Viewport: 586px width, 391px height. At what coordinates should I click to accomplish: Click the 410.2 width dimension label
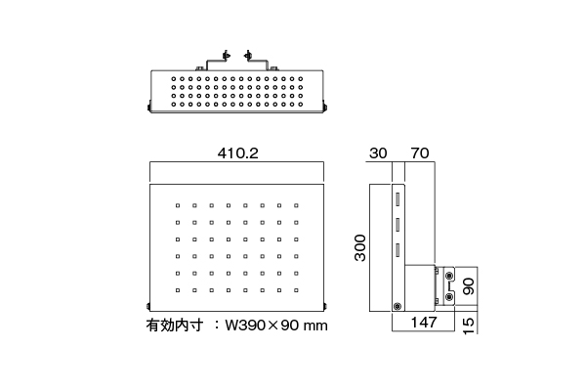click(x=237, y=153)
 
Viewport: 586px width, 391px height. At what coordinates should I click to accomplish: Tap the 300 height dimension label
click(x=360, y=247)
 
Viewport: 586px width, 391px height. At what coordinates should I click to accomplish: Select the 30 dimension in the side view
click(x=378, y=153)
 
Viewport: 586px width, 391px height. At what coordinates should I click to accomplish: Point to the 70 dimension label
click(x=420, y=153)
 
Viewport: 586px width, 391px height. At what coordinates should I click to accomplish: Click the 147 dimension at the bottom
click(x=424, y=323)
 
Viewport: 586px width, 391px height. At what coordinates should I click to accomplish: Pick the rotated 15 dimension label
click(x=469, y=326)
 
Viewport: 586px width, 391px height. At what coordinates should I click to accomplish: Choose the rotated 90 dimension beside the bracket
click(x=469, y=286)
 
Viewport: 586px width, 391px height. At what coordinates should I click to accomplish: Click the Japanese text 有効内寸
click(x=175, y=326)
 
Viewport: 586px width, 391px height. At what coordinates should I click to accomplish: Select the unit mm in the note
click(x=315, y=326)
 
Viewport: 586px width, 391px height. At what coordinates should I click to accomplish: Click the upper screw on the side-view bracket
click(x=449, y=276)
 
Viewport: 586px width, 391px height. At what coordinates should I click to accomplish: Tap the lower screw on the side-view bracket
click(x=449, y=297)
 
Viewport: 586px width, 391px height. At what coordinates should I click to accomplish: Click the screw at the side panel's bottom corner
click(x=398, y=306)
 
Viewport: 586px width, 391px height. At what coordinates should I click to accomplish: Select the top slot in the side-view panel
click(x=398, y=199)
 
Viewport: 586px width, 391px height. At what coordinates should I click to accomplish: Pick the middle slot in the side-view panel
click(x=398, y=225)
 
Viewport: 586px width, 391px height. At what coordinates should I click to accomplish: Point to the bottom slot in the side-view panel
click(x=398, y=250)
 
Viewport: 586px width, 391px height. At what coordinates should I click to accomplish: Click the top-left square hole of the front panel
click(x=178, y=205)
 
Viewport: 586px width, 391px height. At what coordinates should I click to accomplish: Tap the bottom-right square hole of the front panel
click(x=296, y=290)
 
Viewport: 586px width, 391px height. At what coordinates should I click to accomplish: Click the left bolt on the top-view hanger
click(x=226, y=56)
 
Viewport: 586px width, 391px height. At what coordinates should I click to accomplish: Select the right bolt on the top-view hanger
click(x=247, y=56)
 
